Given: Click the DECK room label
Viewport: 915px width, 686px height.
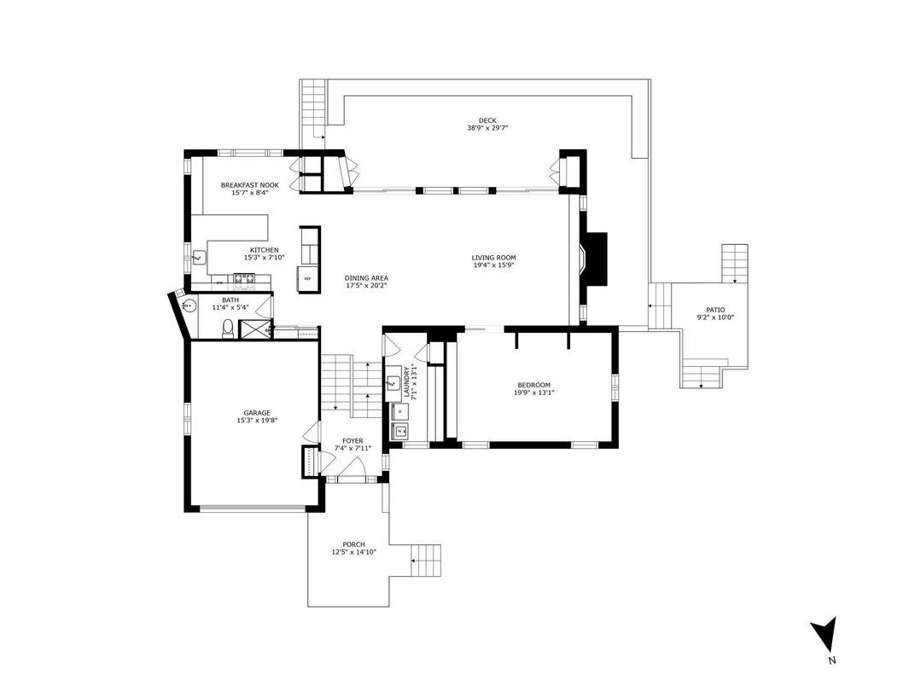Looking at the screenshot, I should [x=487, y=120].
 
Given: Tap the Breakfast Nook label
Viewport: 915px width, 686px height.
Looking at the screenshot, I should [x=250, y=185].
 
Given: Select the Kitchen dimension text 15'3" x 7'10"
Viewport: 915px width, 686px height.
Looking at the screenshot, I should [x=264, y=258].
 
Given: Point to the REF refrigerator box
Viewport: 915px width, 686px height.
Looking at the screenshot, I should [x=307, y=279].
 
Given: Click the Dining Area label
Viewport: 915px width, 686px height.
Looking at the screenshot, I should [x=366, y=278].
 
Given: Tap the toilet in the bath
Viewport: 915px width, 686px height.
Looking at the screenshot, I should [x=228, y=328].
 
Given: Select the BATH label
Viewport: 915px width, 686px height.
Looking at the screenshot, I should [x=230, y=300].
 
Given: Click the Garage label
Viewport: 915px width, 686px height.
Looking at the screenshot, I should [x=257, y=413].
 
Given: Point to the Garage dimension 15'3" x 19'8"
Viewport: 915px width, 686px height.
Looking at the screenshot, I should [x=257, y=421].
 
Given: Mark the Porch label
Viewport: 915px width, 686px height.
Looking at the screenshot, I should [x=353, y=544].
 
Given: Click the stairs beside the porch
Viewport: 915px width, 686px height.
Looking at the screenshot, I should [x=428, y=561].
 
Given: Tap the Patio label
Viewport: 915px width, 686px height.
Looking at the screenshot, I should [x=714, y=311].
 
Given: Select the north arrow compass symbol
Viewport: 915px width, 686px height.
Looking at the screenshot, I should [x=824, y=635].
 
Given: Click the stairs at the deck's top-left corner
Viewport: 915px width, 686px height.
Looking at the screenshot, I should [x=313, y=102].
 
